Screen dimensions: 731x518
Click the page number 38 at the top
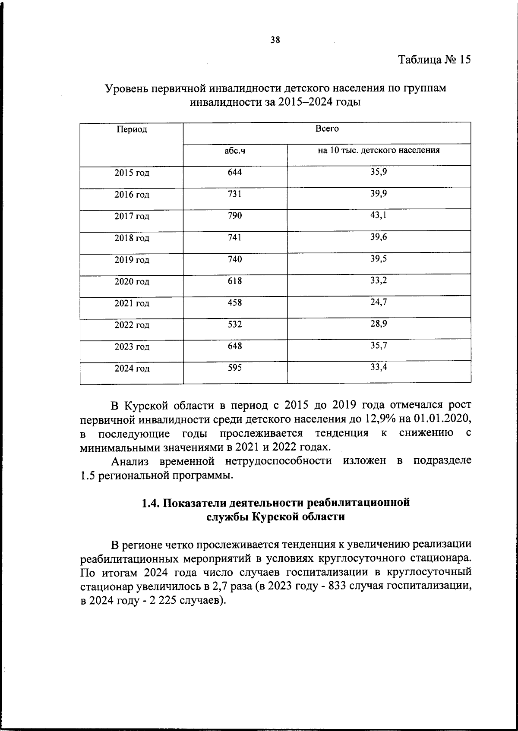275,40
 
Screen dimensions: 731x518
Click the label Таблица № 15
434,59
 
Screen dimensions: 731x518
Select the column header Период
132,129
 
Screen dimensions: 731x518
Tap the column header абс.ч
235,151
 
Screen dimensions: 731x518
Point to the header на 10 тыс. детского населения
379,150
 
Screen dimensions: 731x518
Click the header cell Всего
327,129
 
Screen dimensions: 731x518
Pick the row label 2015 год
132,173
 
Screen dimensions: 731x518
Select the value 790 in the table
235,215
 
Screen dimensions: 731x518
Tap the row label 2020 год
132,282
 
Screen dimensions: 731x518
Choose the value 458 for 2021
235,302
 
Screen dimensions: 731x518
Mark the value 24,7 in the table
379,302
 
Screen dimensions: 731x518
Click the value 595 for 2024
235,368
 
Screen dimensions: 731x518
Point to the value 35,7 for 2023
379,346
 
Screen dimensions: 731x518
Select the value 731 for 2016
235,194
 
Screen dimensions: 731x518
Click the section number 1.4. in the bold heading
152,503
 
